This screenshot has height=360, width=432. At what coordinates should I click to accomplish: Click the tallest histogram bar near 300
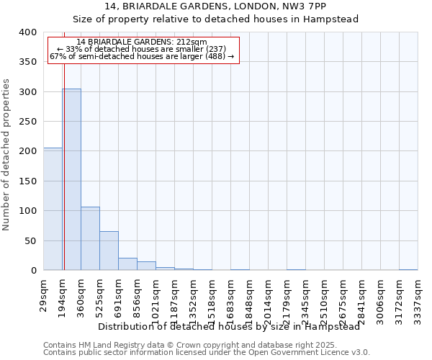(x=71, y=180)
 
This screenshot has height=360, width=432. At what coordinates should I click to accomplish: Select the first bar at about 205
(x=53, y=209)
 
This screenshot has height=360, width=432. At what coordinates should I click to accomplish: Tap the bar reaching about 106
(x=90, y=238)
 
